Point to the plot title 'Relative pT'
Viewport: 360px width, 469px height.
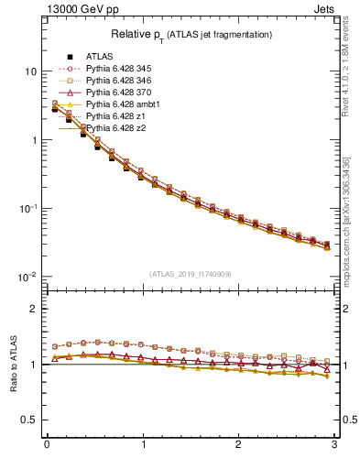tap(191, 34)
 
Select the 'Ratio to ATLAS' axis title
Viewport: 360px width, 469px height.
tap(13, 364)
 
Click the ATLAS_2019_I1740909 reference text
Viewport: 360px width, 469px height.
tap(191, 274)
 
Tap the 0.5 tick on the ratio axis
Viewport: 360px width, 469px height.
tap(30, 420)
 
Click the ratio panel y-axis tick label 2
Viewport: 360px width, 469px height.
tap(35, 310)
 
